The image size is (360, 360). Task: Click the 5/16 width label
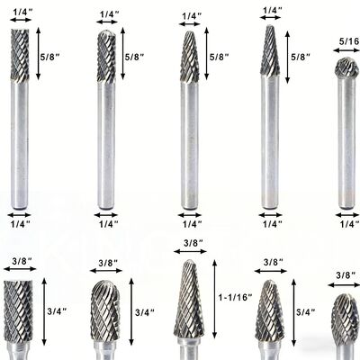tap(349, 41)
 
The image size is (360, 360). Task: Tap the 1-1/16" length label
tap(235, 297)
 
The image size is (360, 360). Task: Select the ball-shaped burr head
tap(346, 67)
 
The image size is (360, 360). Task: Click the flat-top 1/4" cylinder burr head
tap(20, 55)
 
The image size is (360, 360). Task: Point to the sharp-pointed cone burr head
tap(270, 50)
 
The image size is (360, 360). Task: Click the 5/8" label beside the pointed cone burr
tap(301, 57)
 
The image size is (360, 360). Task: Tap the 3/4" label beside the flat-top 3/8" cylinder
tap(57, 311)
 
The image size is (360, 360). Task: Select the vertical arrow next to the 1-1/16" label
tap(214, 299)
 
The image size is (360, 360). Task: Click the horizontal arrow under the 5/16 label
tap(346, 50)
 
